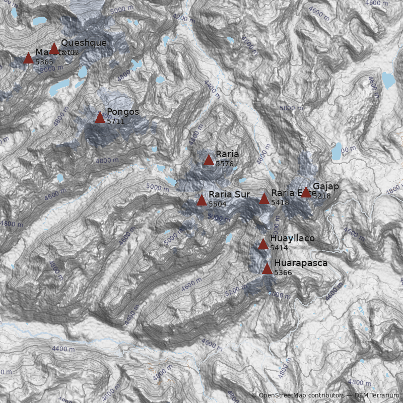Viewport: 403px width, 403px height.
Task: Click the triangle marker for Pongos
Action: (100, 118)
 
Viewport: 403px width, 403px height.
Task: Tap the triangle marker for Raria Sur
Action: (201, 200)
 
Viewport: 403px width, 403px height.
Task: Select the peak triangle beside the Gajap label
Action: (306, 192)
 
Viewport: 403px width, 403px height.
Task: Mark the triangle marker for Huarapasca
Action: (267, 269)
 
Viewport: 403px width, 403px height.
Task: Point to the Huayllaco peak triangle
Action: (263, 245)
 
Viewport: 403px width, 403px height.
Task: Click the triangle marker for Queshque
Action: (54, 49)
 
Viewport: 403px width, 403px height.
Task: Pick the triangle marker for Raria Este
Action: (264, 199)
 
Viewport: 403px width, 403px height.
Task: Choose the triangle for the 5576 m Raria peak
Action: (209, 160)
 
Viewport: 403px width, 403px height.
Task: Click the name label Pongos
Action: (122, 112)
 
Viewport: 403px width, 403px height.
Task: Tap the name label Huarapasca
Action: (301, 263)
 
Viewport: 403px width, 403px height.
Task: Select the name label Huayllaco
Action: (292, 238)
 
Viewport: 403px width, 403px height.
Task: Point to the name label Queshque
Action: (84, 43)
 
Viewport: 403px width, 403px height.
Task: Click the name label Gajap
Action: (326, 186)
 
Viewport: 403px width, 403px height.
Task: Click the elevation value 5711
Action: (115, 121)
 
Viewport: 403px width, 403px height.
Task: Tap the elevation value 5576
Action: (224, 164)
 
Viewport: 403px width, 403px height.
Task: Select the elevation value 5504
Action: (217, 204)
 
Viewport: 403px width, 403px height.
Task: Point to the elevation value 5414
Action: (279, 248)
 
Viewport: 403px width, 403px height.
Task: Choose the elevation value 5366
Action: (283, 273)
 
